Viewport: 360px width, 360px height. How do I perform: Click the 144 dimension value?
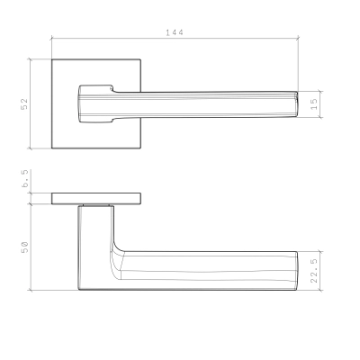tap(175, 32)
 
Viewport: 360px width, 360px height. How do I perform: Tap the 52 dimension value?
tap(24, 103)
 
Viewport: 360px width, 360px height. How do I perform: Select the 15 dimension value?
tap(314, 104)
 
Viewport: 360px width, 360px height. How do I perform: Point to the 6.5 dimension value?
tap(25, 178)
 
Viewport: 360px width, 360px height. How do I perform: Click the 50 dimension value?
tap(24, 247)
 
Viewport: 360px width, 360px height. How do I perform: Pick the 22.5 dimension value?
tap(314, 271)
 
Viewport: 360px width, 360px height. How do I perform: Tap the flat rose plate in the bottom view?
tap(96, 199)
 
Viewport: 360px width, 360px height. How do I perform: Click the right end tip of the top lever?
tap(298, 104)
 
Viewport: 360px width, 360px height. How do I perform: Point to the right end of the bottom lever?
tap(297, 271)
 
